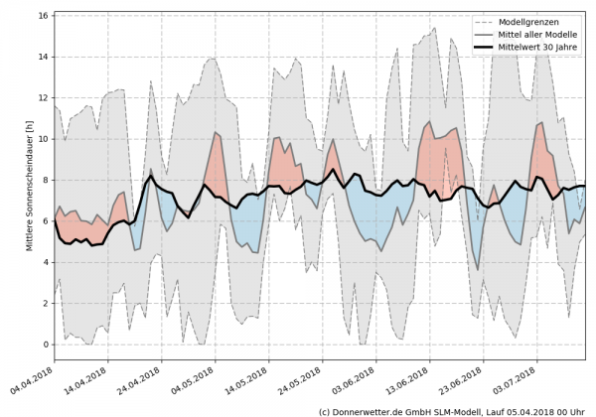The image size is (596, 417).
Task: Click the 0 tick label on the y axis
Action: (47, 345)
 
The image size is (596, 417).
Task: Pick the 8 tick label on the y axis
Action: (47, 181)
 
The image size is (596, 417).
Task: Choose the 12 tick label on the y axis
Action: (45, 98)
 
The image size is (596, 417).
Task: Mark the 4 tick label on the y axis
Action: (47, 262)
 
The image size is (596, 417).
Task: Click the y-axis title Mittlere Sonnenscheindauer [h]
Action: (31, 179)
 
